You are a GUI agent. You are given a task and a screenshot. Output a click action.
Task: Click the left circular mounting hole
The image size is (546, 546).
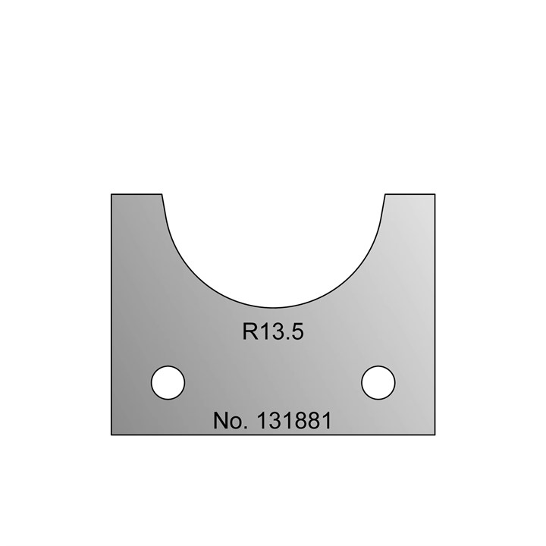coord(168,382)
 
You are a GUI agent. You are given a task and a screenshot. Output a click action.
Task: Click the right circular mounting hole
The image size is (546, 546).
coord(378,382)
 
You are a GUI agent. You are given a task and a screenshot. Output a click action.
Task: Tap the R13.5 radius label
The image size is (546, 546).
coord(272,332)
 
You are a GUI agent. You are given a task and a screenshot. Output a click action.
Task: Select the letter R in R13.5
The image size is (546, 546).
coord(249,332)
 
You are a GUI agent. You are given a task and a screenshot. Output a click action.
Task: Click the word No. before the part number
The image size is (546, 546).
coord(231,420)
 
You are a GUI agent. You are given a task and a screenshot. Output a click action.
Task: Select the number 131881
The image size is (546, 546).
coord(294,420)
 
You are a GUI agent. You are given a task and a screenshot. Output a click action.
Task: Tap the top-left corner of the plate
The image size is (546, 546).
coord(111,194)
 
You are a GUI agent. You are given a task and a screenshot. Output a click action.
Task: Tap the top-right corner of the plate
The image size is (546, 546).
coord(435,194)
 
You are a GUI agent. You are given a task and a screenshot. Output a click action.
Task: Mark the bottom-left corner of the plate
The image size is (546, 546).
coord(111,435)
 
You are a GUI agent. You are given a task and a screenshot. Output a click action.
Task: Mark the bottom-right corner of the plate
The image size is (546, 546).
coord(435,435)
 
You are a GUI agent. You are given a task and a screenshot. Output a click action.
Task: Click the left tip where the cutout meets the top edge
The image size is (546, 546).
coord(163,194)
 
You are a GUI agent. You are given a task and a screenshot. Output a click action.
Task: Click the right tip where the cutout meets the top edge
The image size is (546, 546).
coord(384,194)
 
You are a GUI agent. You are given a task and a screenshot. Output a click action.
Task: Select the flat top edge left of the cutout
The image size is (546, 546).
coord(137,194)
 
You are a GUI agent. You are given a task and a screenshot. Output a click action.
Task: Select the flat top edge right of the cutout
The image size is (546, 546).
coord(409,194)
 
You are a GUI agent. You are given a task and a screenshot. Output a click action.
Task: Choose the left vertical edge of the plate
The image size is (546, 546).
coord(111,315)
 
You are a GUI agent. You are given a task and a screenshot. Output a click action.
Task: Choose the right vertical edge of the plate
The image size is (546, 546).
coord(435,315)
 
